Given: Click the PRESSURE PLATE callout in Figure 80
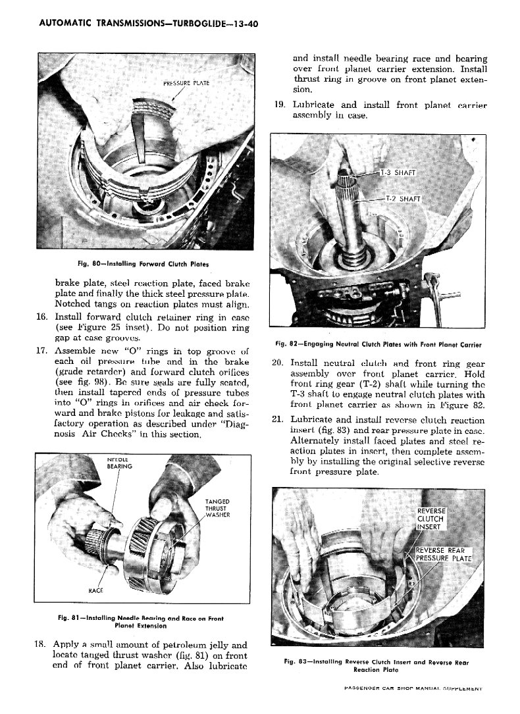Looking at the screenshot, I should point(186,83).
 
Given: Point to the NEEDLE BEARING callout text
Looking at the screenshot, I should point(120,462).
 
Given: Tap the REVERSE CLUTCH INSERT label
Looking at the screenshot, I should point(432,518).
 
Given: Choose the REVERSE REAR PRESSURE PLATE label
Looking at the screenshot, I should point(444,555).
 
